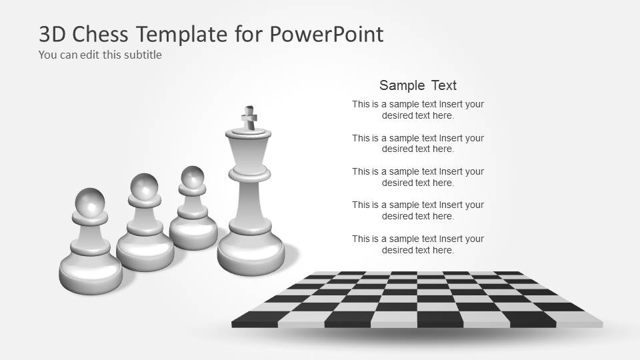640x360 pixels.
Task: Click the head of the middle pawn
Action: tap(144, 186)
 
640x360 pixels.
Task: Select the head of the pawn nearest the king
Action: tap(192, 178)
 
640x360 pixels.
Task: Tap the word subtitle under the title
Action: tap(141, 55)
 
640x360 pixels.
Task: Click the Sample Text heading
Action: tap(418, 85)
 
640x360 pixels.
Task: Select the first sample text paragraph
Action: tap(418, 109)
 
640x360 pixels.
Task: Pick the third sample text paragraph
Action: tap(418, 177)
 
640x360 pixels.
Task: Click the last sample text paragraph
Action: tap(418, 244)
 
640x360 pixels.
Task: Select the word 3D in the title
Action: tap(53, 34)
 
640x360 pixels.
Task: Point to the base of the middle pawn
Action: tap(145, 254)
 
